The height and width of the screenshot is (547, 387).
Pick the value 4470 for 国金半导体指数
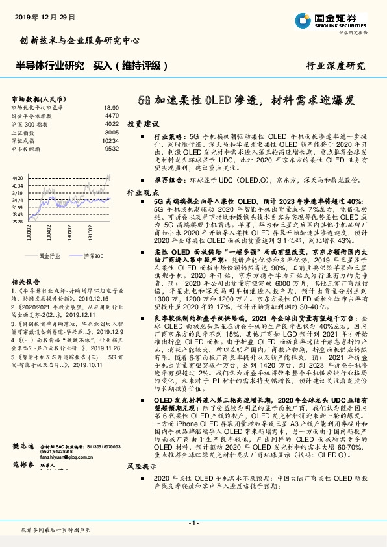click(x=112, y=115)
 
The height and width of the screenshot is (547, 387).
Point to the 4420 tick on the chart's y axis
click(x=18, y=177)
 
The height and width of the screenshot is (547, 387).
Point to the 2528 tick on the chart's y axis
click(x=18, y=222)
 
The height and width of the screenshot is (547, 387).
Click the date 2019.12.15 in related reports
click(x=95, y=299)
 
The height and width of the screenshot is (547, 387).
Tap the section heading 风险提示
click(x=142, y=466)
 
